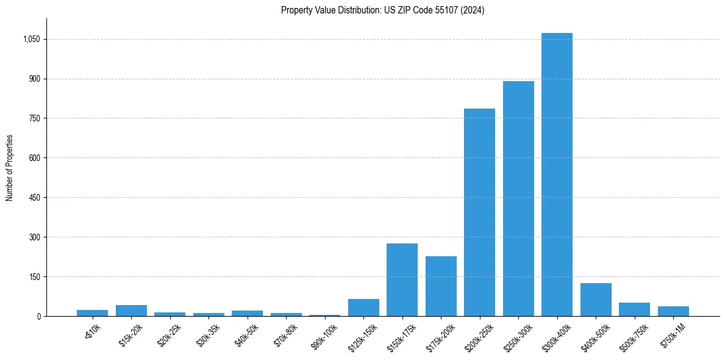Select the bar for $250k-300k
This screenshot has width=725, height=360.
pyautogui.click(x=518, y=198)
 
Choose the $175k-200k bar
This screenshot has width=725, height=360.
pyautogui.click(x=441, y=286)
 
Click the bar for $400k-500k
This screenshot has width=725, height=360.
pyautogui.click(x=596, y=300)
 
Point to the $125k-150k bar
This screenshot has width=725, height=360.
pyautogui.click(x=363, y=308)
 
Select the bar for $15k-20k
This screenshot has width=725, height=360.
pyautogui.click(x=131, y=311)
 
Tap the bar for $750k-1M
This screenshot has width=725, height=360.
pyautogui.click(x=673, y=311)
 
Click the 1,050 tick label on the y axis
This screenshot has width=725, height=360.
pyautogui.click(x=31, y=39)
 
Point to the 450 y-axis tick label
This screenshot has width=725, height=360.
pyautogui.click(x=34, y=198)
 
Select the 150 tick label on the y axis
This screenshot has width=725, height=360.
pyautogui.click(x=34, y=277)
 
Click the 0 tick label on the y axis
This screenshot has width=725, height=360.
pyautogui.click(x=38, y=316)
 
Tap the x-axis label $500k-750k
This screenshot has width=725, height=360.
pyautogui.click(x=631, y=336)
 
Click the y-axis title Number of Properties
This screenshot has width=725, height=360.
pyautogui.click(x=9, y=167)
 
